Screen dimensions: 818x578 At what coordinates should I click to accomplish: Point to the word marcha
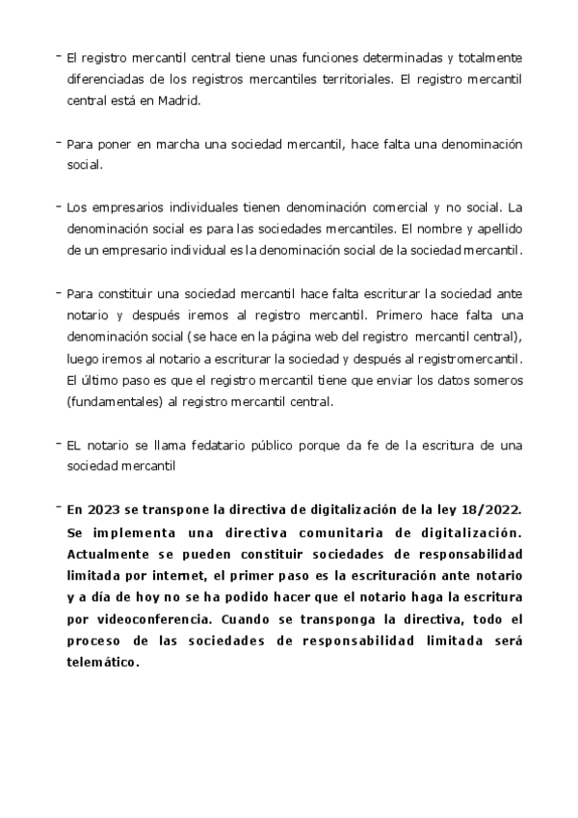(169, 144)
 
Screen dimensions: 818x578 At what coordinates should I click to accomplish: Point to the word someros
(500, 379)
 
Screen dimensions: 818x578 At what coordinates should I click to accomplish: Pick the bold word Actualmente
(111, 554)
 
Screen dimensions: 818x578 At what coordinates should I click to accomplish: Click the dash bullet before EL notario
(59, 443)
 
